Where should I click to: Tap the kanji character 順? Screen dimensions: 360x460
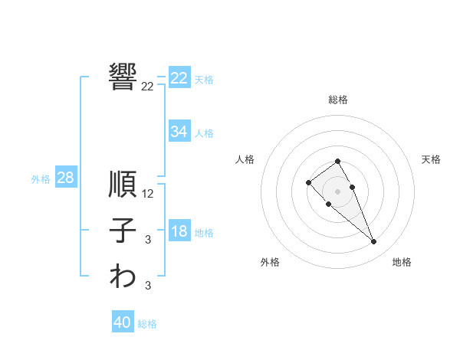[x=123, y=185]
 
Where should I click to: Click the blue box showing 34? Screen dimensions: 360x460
[x=179, y=132]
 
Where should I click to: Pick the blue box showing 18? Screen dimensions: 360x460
[x=179, y=231]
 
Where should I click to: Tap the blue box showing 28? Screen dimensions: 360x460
[x=65, y=178]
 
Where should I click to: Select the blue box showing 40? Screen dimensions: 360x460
[x=123, y=322]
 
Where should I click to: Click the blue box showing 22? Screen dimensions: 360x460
[x=179, y=78]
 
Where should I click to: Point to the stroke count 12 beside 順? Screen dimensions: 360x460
[x=148, y=194]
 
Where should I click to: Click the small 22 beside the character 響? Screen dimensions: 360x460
[x=147, y=87]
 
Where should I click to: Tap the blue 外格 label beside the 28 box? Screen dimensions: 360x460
[x=41, y=179]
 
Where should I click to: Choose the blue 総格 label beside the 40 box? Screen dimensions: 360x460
[x=147, y=324]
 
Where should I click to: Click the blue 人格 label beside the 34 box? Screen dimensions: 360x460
[x=204, y=133]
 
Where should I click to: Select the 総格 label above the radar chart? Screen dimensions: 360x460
[x=337, y=100]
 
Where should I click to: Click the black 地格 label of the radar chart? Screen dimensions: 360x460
[x=402, y=262]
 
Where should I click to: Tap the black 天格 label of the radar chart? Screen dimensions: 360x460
[x=432, y=159]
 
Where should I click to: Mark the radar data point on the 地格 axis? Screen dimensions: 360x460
[x=373, y=242]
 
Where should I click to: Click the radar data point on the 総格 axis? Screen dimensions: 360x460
[x=337, y=161]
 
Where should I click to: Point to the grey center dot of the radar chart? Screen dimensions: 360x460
[x=337, y=191]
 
